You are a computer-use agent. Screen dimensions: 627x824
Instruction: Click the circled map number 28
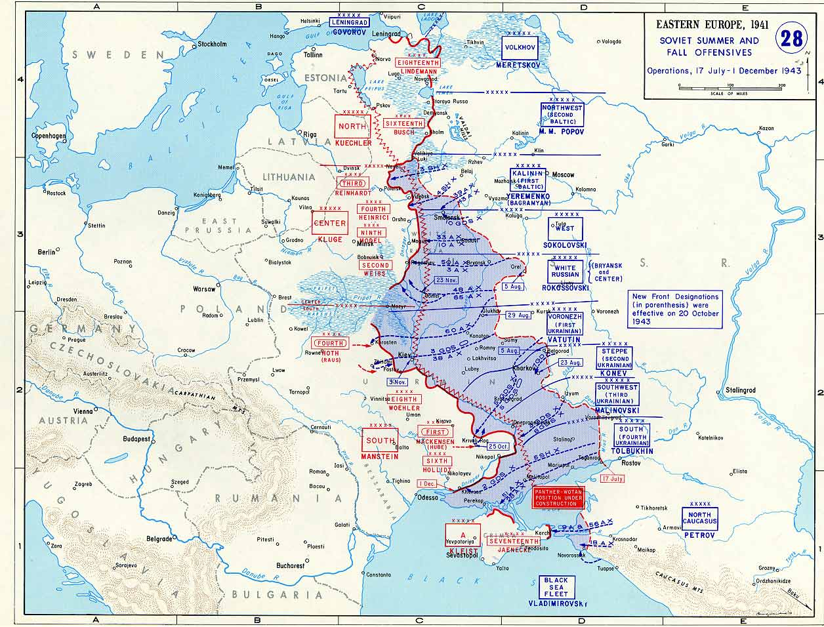click(x=792, y=39)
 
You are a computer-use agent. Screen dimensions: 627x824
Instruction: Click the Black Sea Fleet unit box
click(x=556, y=587)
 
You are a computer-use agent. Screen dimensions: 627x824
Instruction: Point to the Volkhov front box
click(x=520, y=47)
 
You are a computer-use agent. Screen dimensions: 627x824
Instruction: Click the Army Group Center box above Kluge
click(x=329, y=223)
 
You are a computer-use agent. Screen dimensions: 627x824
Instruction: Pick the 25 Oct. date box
click(x=499, y=447)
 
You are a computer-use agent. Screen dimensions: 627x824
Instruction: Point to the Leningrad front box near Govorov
click(x=348, y=22)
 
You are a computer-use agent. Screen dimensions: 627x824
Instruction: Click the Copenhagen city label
click(x=49, y=136)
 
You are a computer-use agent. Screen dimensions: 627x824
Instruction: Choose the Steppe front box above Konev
click(x=614, y=359)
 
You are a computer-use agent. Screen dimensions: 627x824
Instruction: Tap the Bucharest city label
click(x=290, y=565)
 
